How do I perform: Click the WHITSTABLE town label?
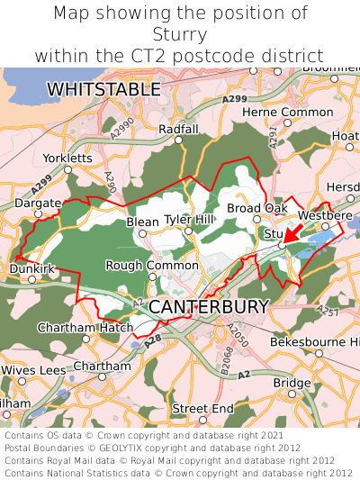tap(103, 90)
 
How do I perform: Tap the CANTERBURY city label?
tap(208, 307)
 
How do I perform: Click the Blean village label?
tap(142, 222)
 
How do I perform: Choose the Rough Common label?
tap(152, 266)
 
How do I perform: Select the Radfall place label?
tap(177, 130)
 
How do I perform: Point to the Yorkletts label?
tap(67, 158)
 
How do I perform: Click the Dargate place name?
tap(38, 204)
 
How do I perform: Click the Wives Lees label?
tap(33, 370)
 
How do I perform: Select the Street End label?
tap(202, 409)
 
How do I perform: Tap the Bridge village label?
tap(292, 383)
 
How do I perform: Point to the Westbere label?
tap(325, 216)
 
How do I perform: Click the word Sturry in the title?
tap(180, 34)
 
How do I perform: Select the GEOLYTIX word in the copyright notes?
tap(121, 447)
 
